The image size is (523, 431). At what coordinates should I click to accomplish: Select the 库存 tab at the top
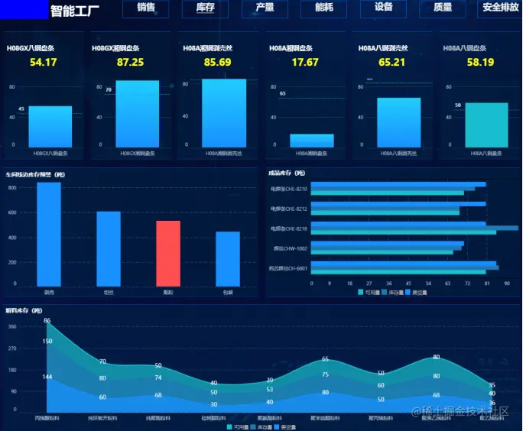coord(205,8)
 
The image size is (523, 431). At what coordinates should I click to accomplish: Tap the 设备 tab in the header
coord(383,8)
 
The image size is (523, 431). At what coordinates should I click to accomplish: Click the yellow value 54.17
coord(44,62)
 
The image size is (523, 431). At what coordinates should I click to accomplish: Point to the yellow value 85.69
coord(218,62)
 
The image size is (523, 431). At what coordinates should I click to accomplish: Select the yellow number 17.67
coord(305,62)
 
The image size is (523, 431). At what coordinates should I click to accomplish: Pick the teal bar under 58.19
coord(486,124)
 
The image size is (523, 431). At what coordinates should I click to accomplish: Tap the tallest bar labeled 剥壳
coord(49,234)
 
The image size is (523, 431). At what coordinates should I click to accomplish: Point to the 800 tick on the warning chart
coord(13,186)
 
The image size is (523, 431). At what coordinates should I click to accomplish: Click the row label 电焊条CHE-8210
coord(289,189)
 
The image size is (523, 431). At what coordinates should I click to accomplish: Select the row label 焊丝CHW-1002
coord(291,248)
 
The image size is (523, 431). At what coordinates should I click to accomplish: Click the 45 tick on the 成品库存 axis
coord(409,283)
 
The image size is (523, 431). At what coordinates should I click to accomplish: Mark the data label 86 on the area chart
coord(47,321)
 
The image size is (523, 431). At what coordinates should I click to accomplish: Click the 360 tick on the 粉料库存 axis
coord(12,326)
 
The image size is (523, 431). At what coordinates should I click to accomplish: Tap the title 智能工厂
coord(74,11)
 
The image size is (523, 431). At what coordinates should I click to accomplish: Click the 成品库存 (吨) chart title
coord(288,173)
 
